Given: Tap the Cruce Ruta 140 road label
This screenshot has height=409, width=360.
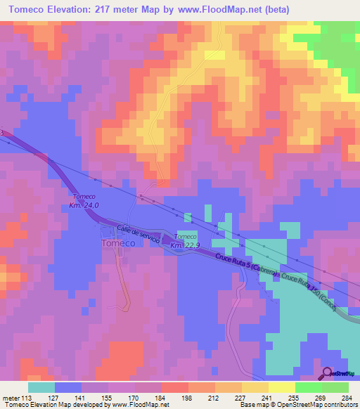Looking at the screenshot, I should point(310,292).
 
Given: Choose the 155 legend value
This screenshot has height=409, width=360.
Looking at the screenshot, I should point(107,397).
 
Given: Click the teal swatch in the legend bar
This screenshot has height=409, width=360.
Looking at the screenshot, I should point(41,387).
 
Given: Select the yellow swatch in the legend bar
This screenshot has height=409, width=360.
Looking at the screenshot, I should point(255,387).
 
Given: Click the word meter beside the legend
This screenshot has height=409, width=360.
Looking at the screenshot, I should point(11,397).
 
